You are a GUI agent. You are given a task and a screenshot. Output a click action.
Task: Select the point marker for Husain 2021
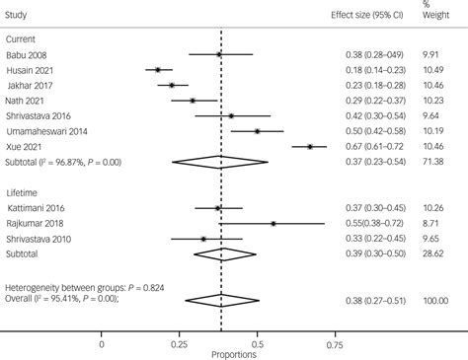[158, 69]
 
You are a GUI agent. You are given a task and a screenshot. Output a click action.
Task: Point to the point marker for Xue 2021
[310, 146]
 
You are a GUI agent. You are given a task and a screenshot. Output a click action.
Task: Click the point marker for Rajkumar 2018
[273, 223]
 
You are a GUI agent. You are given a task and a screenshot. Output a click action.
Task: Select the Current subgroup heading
[23, 37]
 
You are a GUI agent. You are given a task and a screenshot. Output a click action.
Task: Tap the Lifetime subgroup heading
[24, 191]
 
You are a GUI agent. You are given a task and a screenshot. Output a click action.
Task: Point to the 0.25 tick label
[179, 344]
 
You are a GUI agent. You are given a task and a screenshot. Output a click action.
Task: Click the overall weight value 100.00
[430, 299]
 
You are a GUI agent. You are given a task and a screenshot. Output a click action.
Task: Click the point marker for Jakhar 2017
[172, 85]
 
